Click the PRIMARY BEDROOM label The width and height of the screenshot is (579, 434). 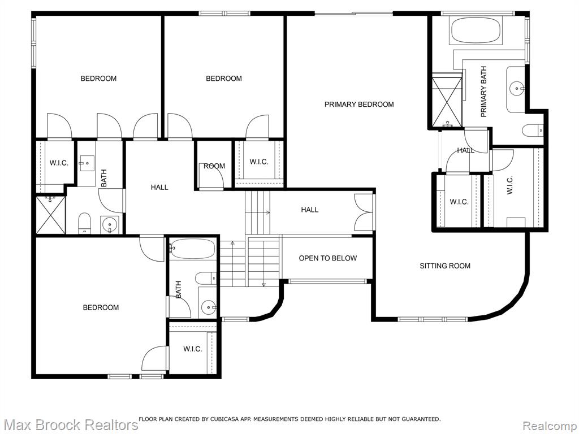359,105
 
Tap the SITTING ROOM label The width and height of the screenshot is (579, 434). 445,266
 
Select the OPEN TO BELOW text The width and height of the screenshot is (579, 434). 328,258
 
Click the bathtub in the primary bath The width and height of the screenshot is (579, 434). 476,31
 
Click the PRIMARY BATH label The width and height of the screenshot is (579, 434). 483,92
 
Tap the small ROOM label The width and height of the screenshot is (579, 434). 214,166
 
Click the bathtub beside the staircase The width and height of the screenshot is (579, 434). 193,249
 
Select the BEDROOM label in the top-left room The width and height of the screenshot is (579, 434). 98,79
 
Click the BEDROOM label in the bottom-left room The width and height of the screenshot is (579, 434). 101,307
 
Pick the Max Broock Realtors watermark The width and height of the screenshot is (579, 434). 70,425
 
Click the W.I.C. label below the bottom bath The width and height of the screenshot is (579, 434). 192,349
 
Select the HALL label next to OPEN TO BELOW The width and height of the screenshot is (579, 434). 309,210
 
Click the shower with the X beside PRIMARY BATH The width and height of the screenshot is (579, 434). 447,101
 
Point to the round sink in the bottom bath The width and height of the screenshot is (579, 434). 209,307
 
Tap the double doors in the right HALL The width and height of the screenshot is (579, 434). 364,212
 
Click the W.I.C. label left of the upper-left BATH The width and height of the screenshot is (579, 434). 59,163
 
